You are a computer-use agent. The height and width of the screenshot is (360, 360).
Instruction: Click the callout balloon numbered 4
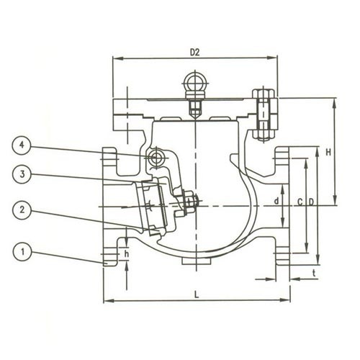point(22,145)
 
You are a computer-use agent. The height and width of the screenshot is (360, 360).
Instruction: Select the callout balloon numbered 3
point(22,174)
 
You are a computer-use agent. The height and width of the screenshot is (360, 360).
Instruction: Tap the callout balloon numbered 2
point(22,210)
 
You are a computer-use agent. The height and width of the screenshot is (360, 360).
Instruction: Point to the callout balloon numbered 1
point(22,252)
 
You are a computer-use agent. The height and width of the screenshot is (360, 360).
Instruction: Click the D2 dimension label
point(194,53)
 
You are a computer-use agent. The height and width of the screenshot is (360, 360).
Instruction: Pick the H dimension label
point(328,152)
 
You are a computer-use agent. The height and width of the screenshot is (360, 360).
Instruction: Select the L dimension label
point(197,294)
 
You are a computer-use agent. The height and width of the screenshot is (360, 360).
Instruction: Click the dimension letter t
point(314,273)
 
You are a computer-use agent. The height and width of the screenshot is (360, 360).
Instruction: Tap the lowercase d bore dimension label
point(276,201)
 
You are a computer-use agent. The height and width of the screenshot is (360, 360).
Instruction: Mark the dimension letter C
point(300,202)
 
